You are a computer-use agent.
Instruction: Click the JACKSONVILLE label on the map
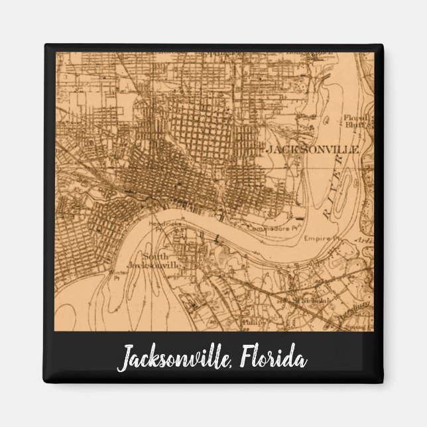point(312,150)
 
